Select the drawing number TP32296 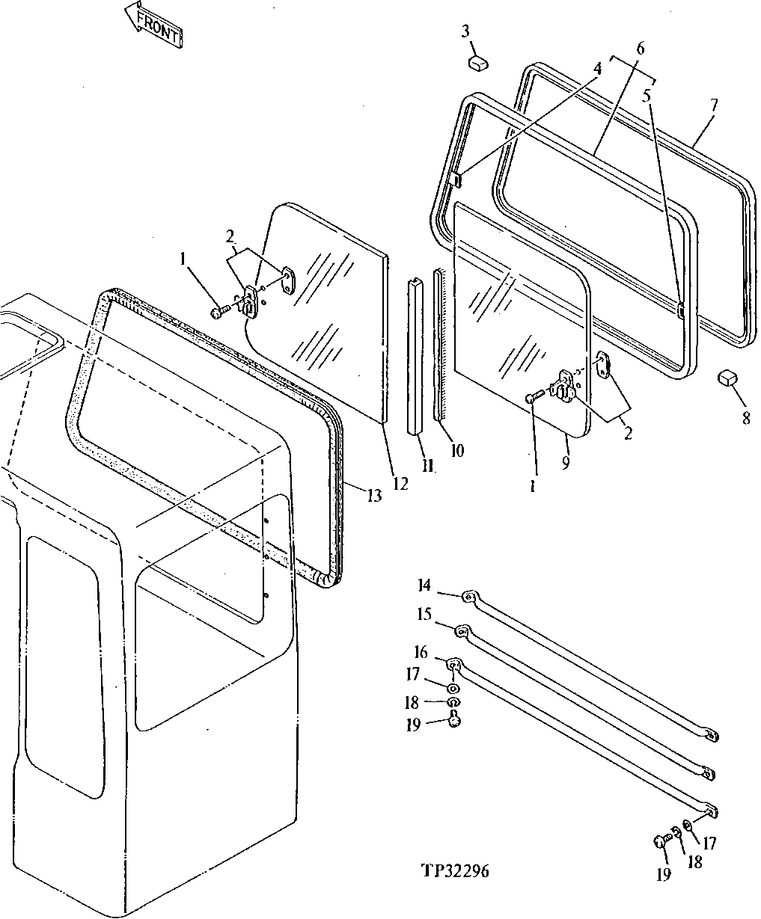pos(454,871)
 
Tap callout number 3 pos(465,31)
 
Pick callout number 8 pos(745,419)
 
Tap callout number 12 pos(400,484)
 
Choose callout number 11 pos(427,467)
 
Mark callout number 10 pos(456,450)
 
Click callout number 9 pos(566,464)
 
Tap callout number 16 pos(421,653)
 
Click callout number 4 pos(596,68)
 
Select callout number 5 pos(647,96)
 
